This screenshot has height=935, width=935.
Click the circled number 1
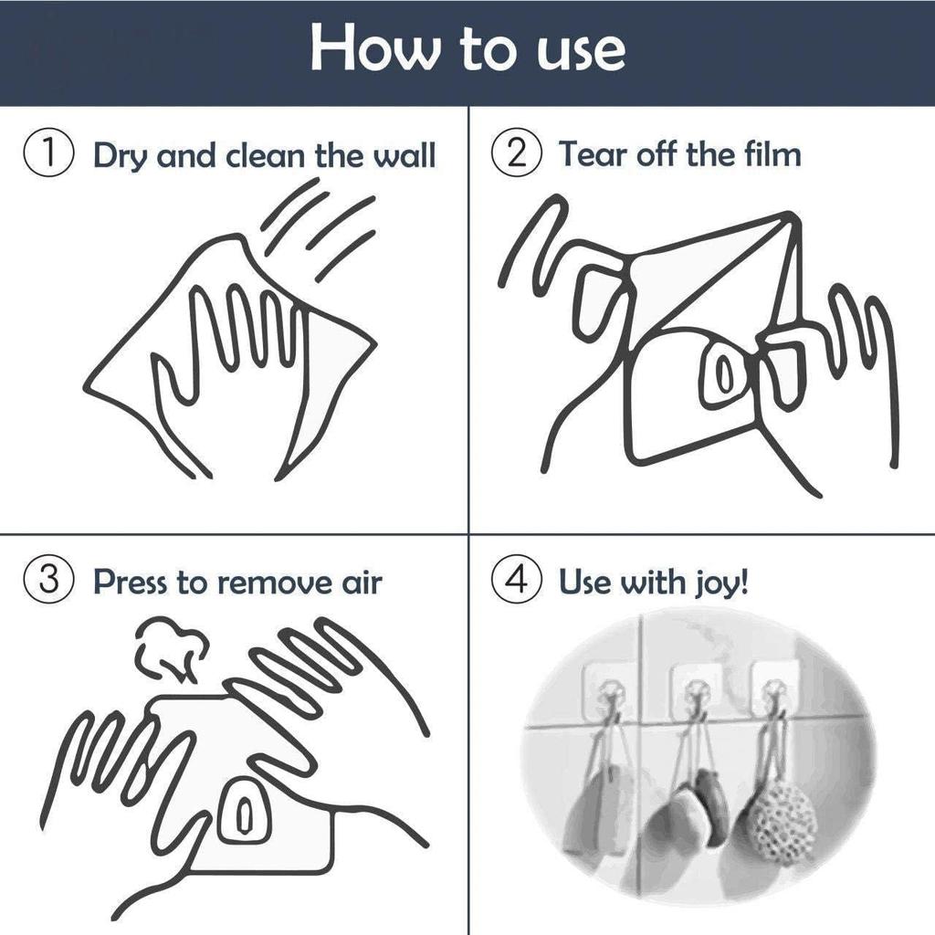(x=49, y=154)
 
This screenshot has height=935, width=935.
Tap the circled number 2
(x=517, y=154)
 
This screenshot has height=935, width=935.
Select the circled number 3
(x=49, y=581)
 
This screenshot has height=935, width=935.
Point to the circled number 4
(x=517, y=581)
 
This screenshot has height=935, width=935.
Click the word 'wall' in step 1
(x=404, y=155)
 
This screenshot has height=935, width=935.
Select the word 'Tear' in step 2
(x=593, y=155)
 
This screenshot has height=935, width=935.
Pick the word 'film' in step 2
(x=772, y=154)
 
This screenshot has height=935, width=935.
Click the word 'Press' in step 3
(x=130, y=582)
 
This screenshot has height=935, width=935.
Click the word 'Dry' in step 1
(x=120, y=157)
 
